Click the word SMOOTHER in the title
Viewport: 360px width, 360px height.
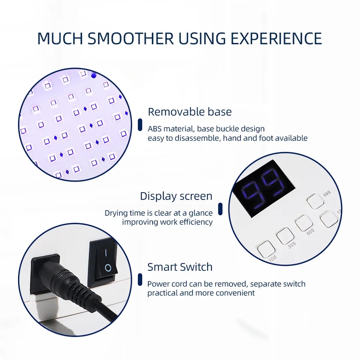pyautogui.click(x=130, y=38)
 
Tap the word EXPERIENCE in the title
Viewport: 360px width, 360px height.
pyautogui.click(x=276, y=38)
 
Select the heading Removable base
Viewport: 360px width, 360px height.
pyautogui.click(x=190, y=112)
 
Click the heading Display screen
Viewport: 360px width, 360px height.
pyautogui.click(x=176, y=196)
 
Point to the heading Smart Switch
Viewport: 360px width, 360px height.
pyautogui.click(x=180, y=267)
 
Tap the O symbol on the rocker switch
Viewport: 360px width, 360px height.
pyautogui.click(x=108, y=268)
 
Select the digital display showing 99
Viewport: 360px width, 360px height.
pyautogui.click(x=264, y=189)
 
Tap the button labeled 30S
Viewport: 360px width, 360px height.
pyautogui.click(x=285, y=236)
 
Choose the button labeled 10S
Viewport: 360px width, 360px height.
pyautogui.click(x=266, y=249)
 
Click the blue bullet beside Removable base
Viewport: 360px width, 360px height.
pyautogui.click(x=140, y=124)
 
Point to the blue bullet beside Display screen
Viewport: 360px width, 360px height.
pyautogui.click(x=220, y=209)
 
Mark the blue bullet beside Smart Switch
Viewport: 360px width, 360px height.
pyautogui.click(x=140, y=279)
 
